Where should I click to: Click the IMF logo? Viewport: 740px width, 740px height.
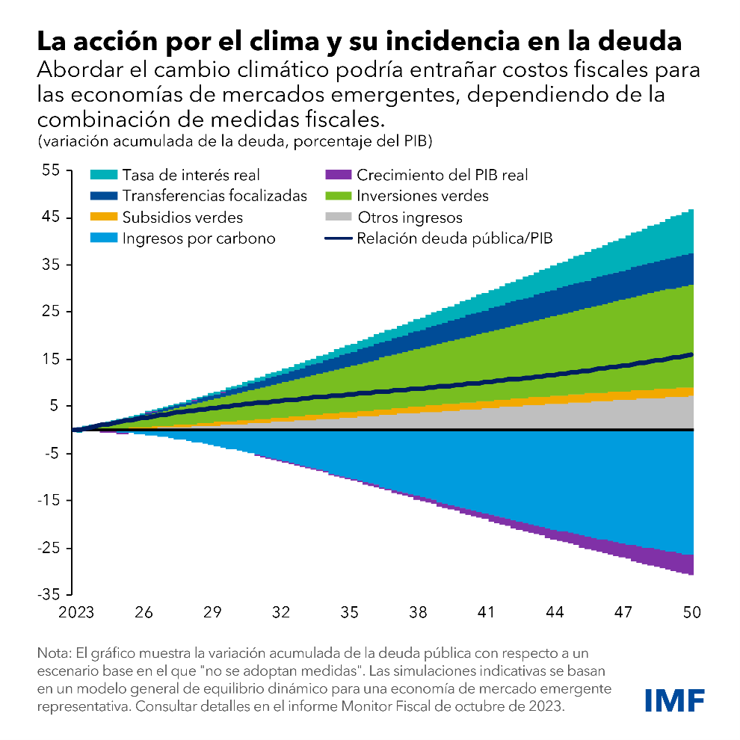pos(674,700)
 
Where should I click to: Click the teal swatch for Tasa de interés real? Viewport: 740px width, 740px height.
pos(103,176)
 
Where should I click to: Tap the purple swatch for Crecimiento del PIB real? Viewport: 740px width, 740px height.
pos(339,176)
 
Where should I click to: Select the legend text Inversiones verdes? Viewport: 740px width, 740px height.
pos(423,197)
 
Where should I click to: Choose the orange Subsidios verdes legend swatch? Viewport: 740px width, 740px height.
pos(103,218)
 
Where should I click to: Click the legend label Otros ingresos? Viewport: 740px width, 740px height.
pos(410,218)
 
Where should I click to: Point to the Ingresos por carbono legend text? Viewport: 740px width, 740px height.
pos(199,239)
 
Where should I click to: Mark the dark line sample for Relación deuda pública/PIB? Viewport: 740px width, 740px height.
pos(339,239)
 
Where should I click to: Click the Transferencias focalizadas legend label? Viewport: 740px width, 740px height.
pos(215,197)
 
